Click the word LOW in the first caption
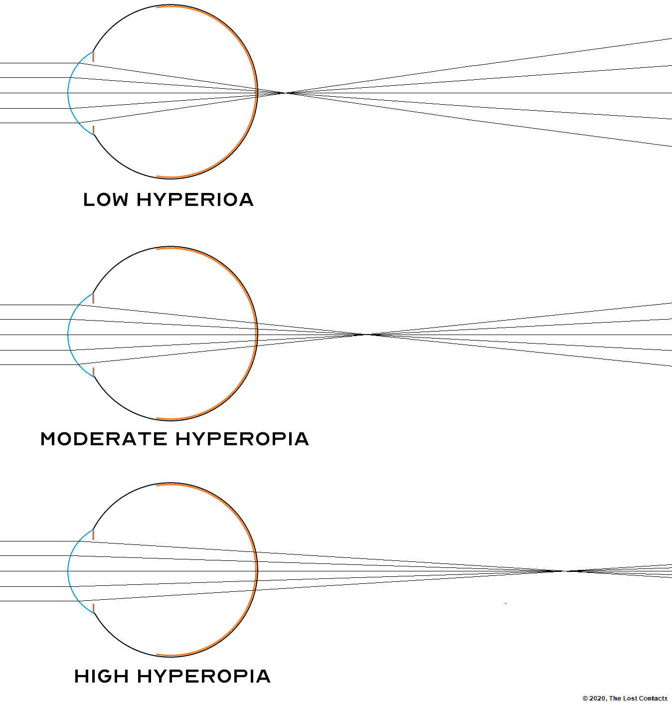(x=106, y=200)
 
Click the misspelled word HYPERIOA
(x=195, y=200)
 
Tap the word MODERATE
(x=104, y=439)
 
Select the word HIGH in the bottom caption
(x=102, y=677)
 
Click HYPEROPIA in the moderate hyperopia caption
(x=242, y=439)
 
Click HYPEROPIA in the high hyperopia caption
(x=204, y=677)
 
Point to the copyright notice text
(x=625, y=699)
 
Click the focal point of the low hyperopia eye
(x=287, y=93)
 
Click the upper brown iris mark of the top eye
(x=93, y=57)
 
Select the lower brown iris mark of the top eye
(x=93, y=130)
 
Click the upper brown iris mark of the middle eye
(x=93, y=299)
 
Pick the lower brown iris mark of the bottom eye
(x=93, y=608)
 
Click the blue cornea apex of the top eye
(x=68, y=93)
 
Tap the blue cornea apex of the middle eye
(x=68, y=335)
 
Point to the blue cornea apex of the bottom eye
(x=68, y=571)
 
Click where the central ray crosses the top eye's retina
(x=257, y=93)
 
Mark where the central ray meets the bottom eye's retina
(x=257, y=571)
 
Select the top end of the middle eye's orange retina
(x=158, y=249)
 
